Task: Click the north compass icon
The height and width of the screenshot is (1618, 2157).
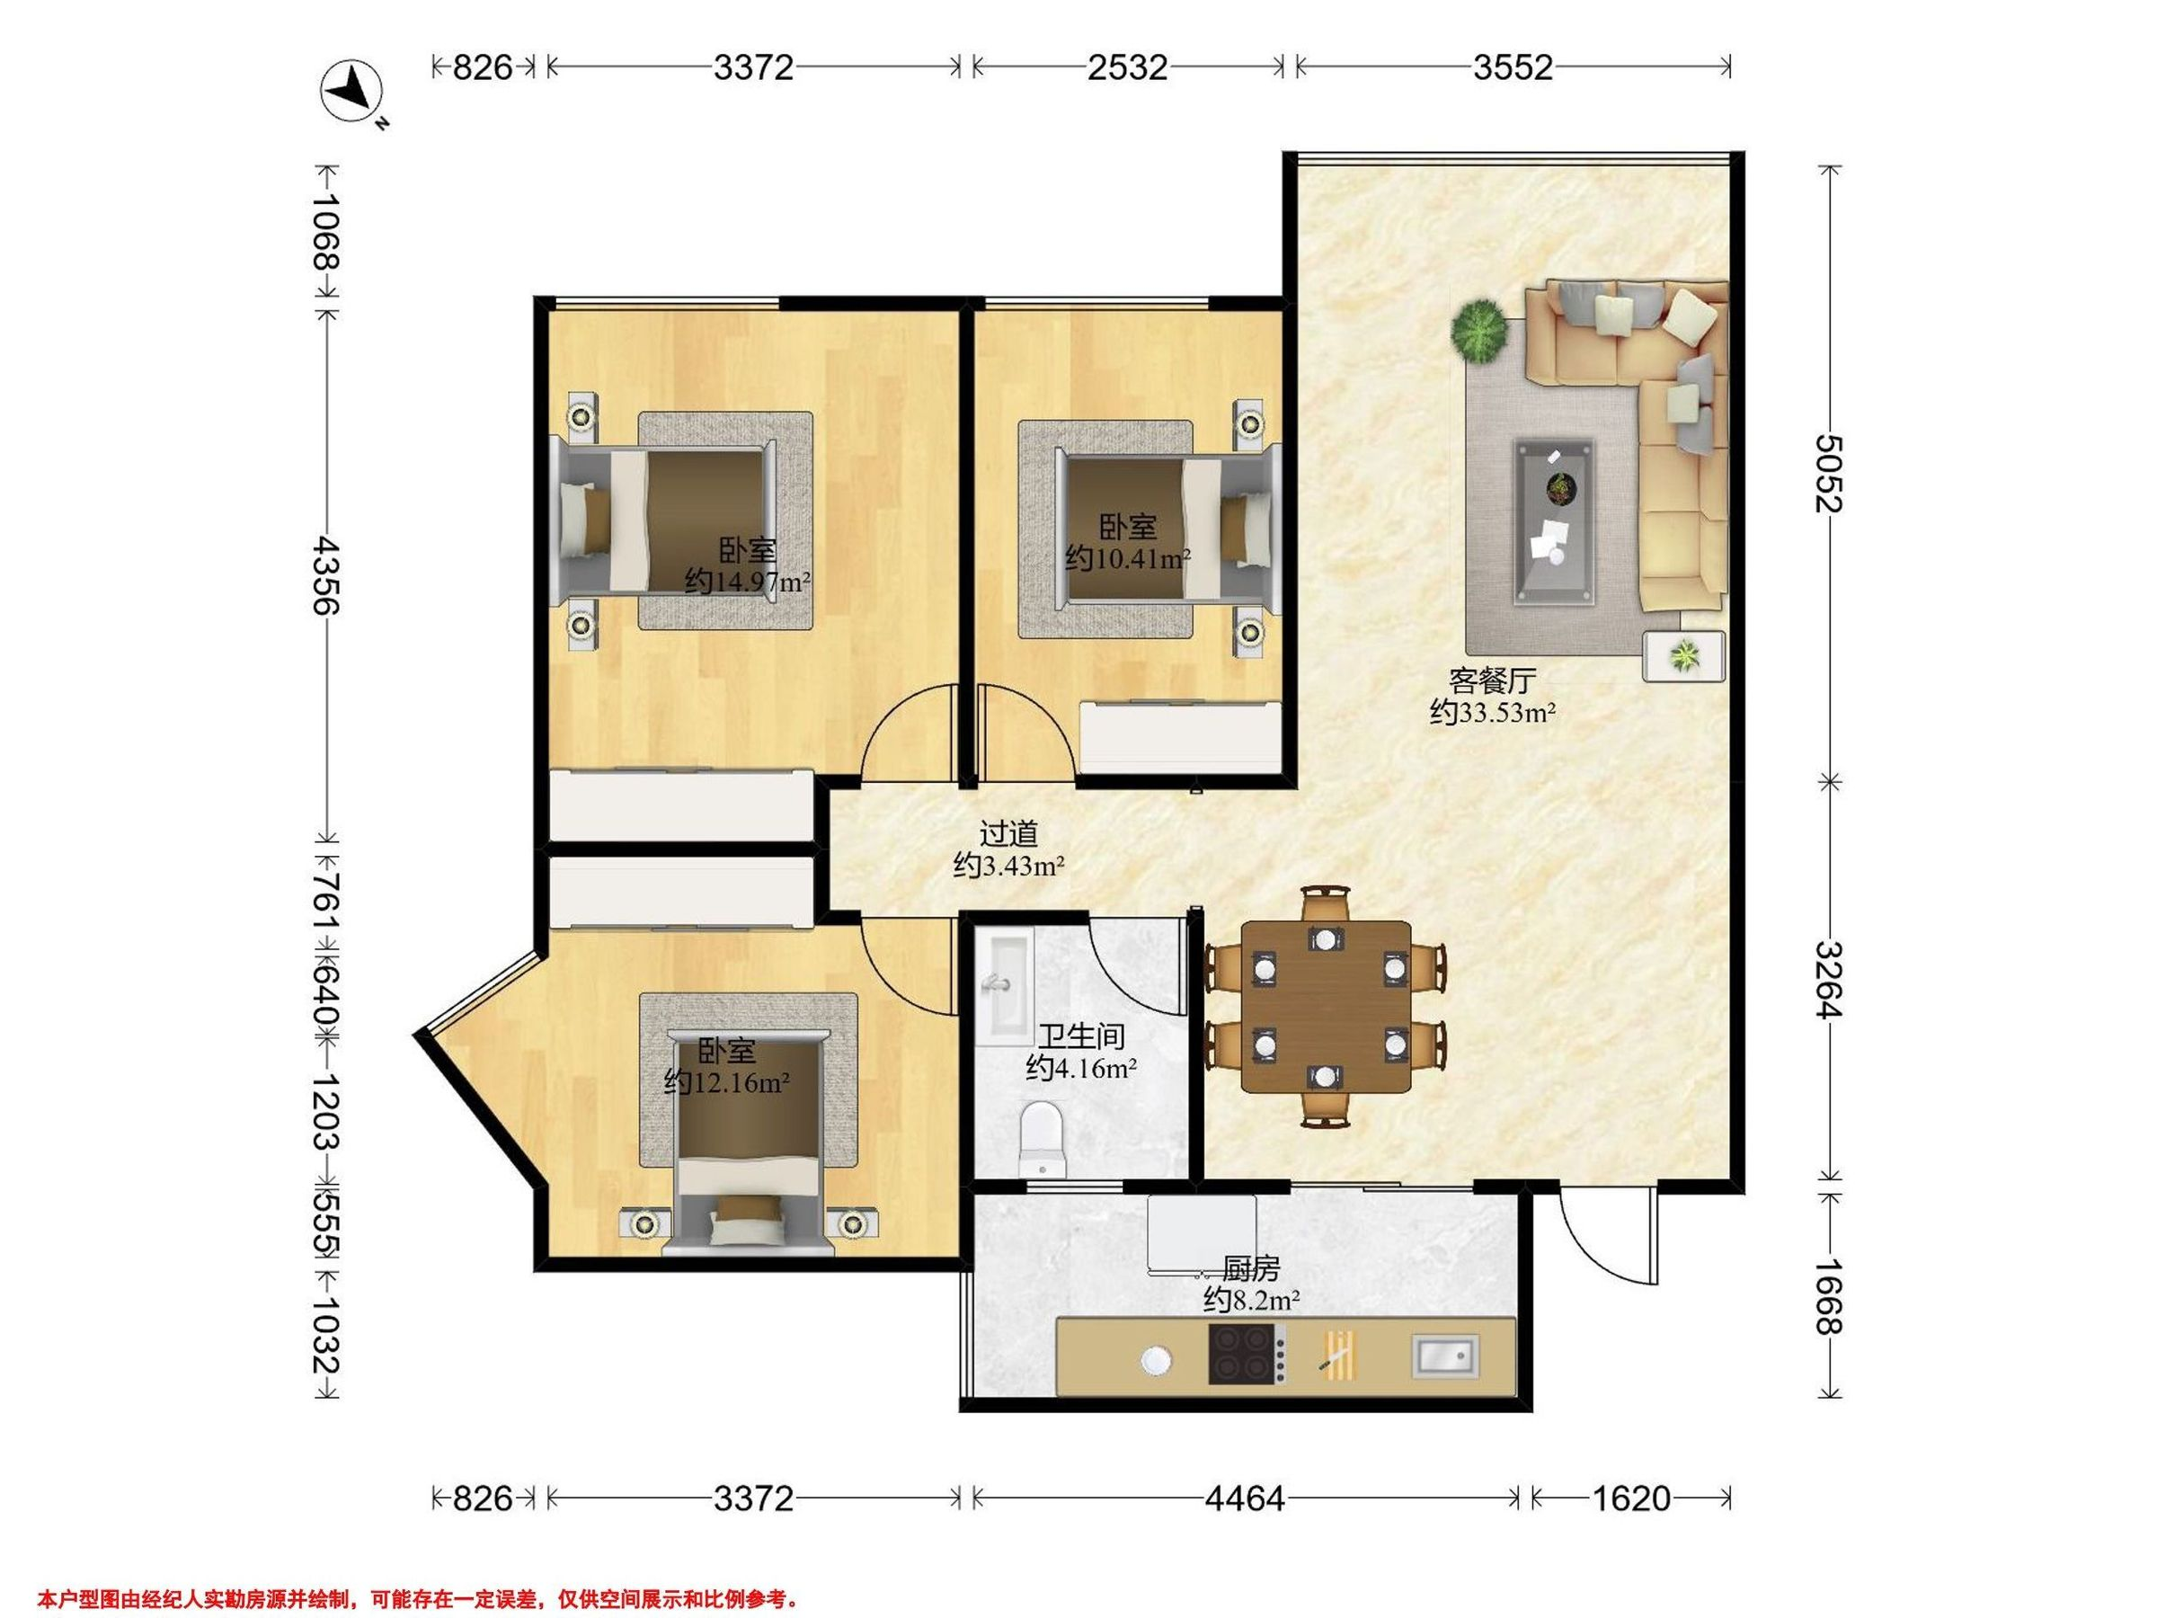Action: tap(353, 93)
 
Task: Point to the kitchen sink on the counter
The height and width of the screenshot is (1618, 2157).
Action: tap(1445, 1356)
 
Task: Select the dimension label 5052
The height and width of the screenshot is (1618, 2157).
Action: tap(1827, 474)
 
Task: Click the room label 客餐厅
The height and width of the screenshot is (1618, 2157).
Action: tap(1493, 680)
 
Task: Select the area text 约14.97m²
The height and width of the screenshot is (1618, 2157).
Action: tap(748, 582)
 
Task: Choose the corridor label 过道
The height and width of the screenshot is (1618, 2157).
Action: tap(1008, 834)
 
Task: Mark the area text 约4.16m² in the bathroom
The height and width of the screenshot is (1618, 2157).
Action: tap(1080, 1069)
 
